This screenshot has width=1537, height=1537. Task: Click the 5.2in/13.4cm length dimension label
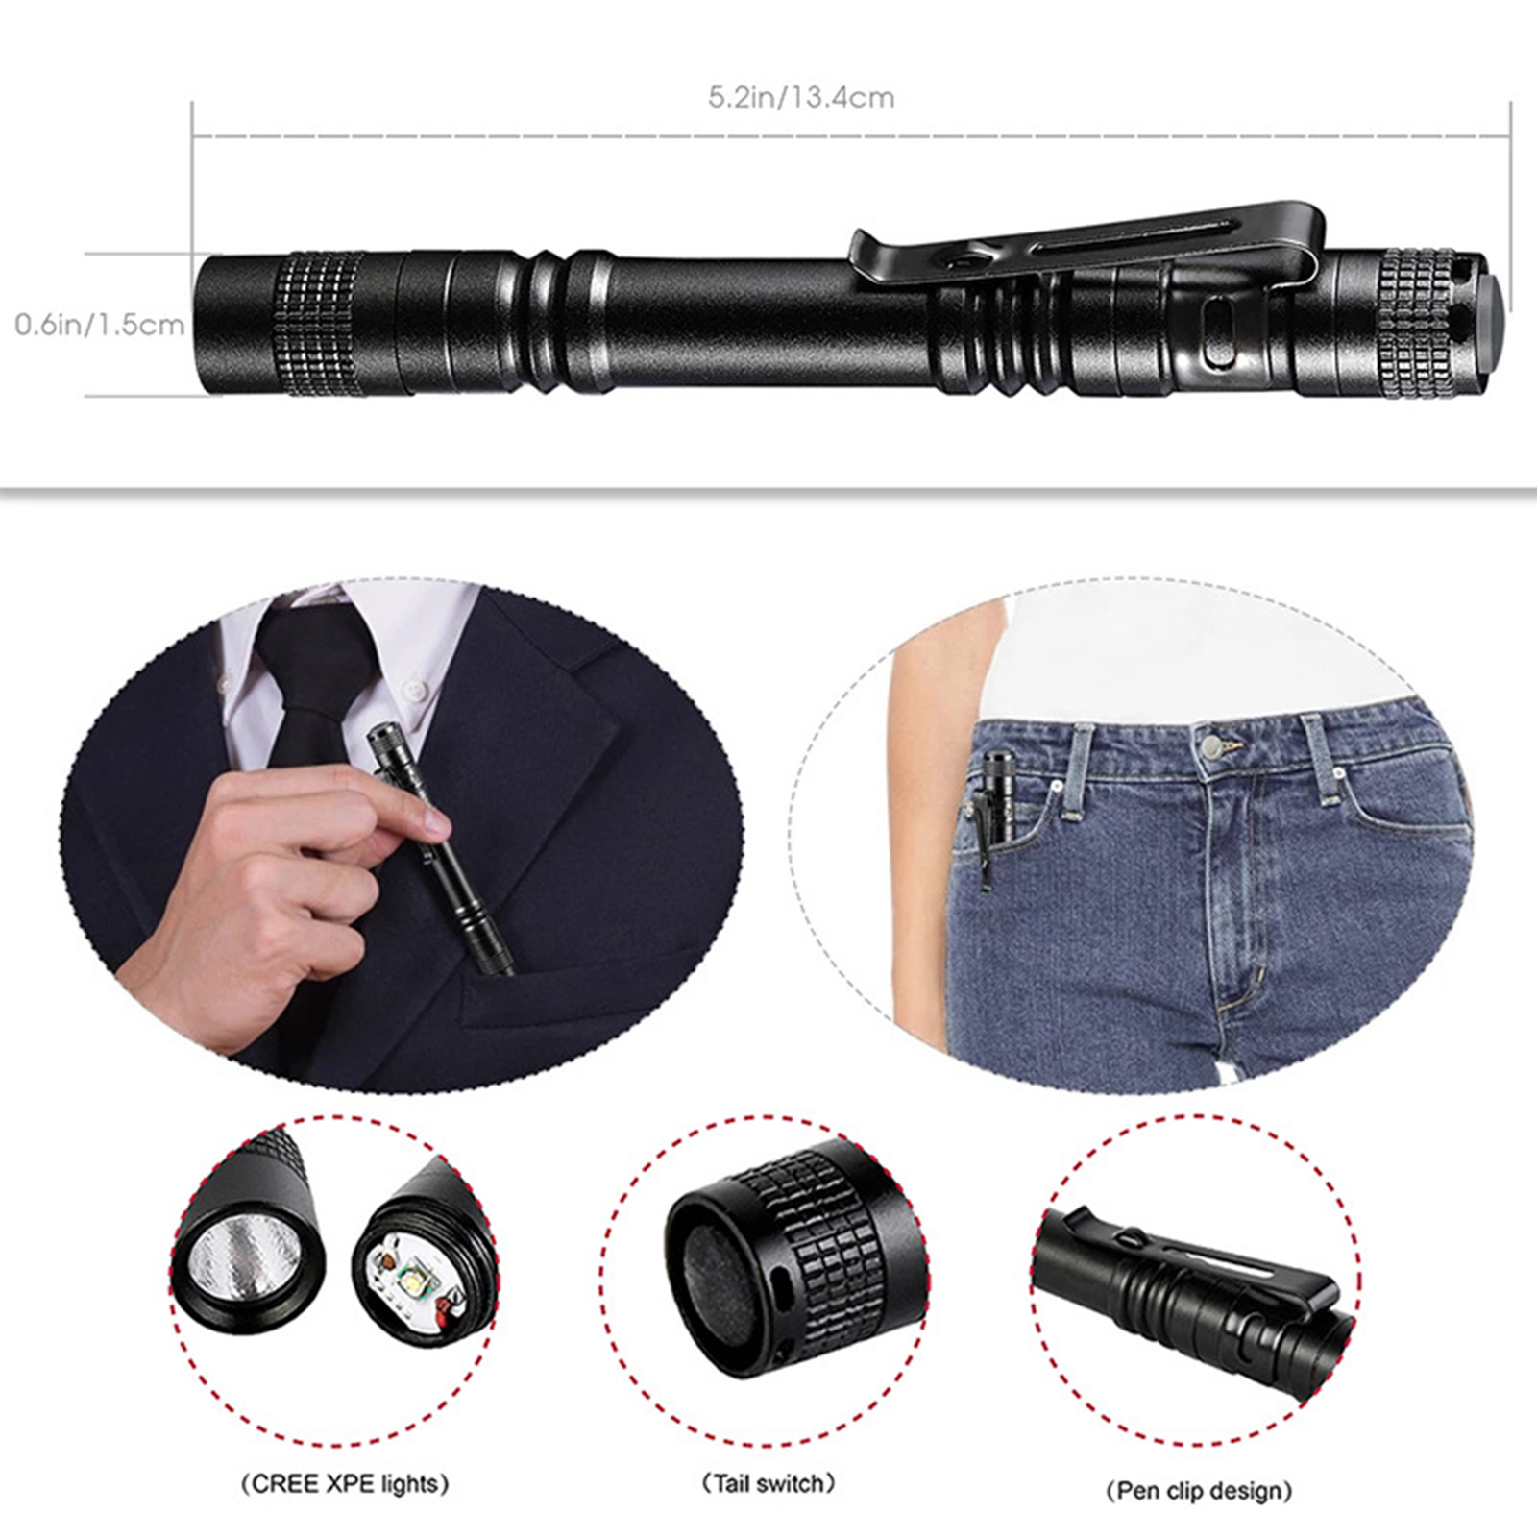tap(801, 97)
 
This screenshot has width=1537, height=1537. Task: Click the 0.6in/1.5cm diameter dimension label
tap(99, 324)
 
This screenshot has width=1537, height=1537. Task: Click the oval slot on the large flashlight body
tap(1218, 331)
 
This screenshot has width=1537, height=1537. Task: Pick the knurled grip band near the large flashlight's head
tap(319, 325)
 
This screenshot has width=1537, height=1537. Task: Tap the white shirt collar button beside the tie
tap(414, 688)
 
